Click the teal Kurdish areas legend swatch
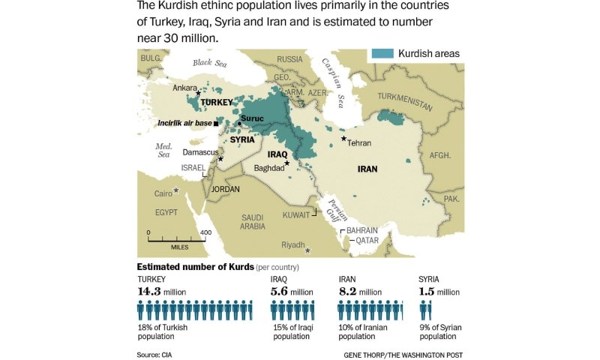(382, 53)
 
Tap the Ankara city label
(184, 88)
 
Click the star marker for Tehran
(343, 139)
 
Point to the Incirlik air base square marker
(217, 123)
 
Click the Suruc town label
(256, 118)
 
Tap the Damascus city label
(199, 152)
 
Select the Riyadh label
(292, 245)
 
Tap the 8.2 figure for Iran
(347, 292)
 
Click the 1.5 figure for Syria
(425, 292)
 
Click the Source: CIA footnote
(159, 353)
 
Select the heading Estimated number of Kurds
(195, 267)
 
